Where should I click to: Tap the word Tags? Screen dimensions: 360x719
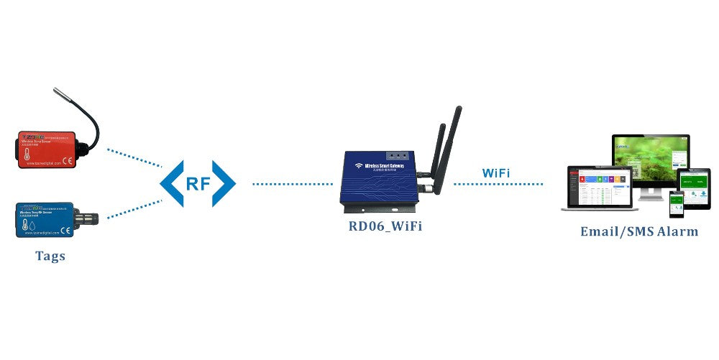[x=50, y=257]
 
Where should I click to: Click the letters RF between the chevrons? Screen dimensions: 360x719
[x=198, y=183]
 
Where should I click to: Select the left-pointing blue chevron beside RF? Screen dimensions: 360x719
[x=170, y=183]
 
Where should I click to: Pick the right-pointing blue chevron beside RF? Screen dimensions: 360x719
[x=225, y=183]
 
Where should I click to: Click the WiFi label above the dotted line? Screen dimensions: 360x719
[x=497, y=172]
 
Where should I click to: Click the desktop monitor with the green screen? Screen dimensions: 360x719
[x=650, y=161]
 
